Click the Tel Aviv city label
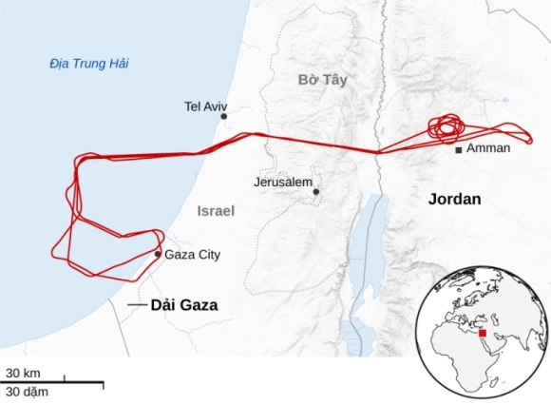point(206,106)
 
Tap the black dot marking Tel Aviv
point(224,117)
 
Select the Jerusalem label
point(283,181)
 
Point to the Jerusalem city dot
point(316,192)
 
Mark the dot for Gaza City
point(158,254)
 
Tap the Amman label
point(489,148)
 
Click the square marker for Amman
point(459,150)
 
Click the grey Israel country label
point(216,210)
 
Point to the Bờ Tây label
point(322,81)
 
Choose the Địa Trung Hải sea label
point(89,64)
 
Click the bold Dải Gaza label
point(184,305)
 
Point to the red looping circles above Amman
point(446,127)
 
